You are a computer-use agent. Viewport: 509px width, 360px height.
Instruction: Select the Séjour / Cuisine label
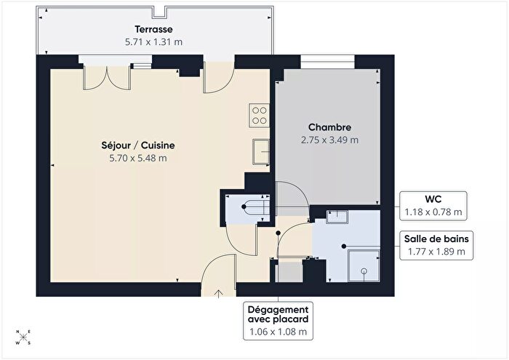pyautogui.click(x=137, y=145)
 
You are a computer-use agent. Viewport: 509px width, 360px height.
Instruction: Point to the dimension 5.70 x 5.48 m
pyautogui.click(x=137, y=157)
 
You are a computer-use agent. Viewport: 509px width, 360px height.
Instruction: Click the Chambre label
pyautogui.click(x=329, y=127)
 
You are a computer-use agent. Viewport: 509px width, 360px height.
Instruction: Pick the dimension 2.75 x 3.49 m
pyautogui.click(x=329, y=139)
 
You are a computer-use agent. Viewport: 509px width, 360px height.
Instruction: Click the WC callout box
pyautogui.click(x=434, y=205)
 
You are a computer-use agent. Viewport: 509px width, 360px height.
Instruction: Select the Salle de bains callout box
pyautogui.click(x=434, y=244)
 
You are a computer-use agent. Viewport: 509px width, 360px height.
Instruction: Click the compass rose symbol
pyautogui.click(x=24, y=338)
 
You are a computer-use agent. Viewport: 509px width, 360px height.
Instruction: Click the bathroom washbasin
pyautogui.click(x=338, y=216)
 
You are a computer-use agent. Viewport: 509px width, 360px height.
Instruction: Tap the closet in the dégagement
pyautogui.click(x=289, y=272)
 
